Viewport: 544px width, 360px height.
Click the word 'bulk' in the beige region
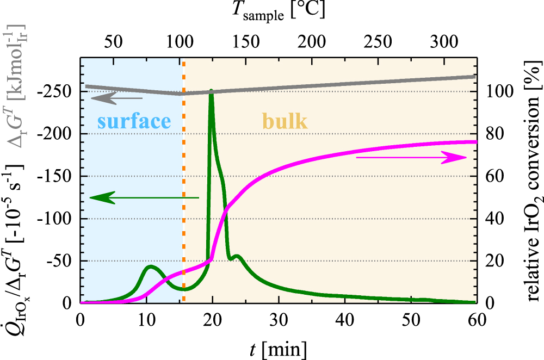pyautogui.click(x=285, y=121)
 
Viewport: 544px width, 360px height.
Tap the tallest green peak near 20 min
pyautogui.click(x=211, y=91)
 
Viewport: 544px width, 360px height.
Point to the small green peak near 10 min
pyautogui.click(x=151, y=266)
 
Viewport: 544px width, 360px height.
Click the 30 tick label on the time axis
pyautogui.click(x=279, y=318)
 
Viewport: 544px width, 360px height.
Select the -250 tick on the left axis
pyautogui.click(x=61, y=91)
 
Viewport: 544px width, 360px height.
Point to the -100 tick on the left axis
pyautogui.click(x=61, y=219)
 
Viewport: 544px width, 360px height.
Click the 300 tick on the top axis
pyautogui.click(x=445, y=41)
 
